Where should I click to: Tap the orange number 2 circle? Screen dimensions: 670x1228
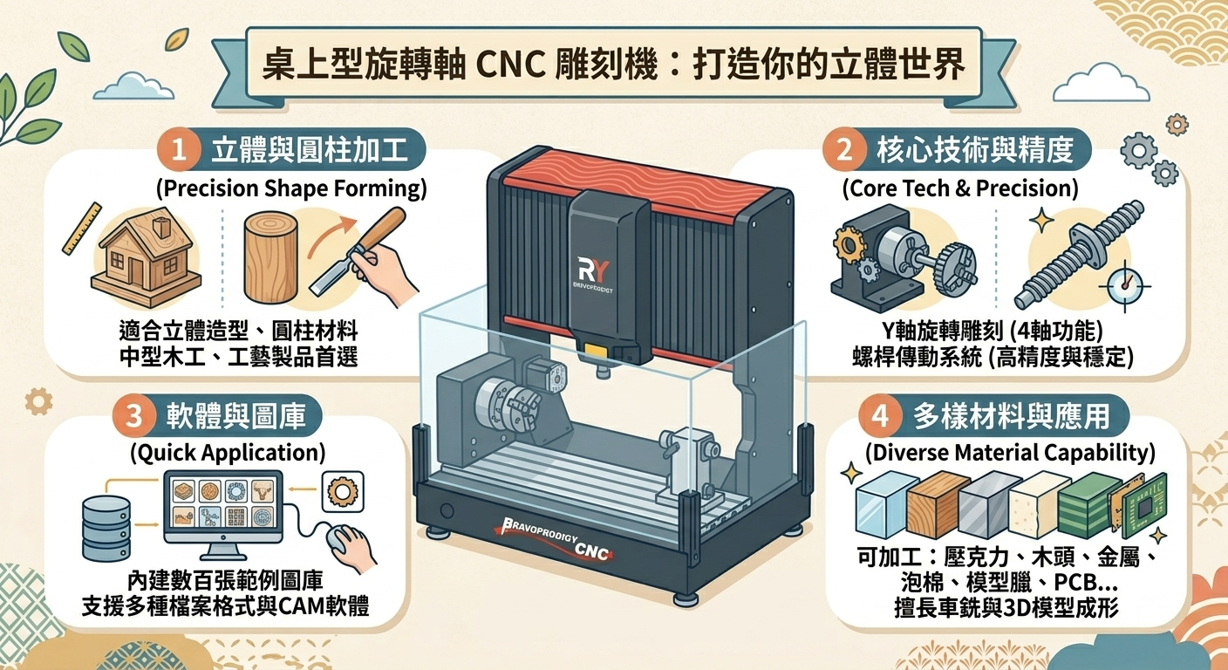click(843, 151)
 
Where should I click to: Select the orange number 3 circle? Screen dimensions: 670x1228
click(133, 416)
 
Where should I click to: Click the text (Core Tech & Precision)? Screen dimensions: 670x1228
click(959, 188)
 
